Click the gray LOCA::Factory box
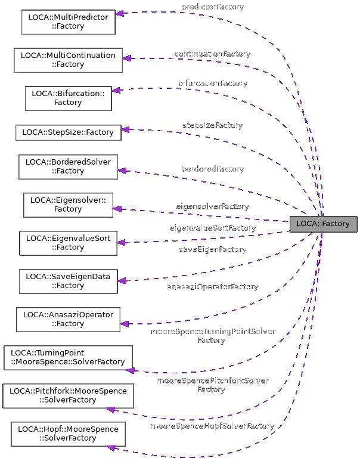(323, 224)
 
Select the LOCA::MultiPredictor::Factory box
(68, 22)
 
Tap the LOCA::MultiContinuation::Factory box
(68, 60)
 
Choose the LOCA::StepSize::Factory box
(68, 132)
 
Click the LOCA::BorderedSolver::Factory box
(68, 166)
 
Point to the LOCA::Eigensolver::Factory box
(68, 205)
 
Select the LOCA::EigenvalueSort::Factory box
(68, 243)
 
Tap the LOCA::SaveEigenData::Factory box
(68, 281)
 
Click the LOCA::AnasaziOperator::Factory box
(68, 319)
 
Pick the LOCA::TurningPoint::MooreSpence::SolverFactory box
(68, 357)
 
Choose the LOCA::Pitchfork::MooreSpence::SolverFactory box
(68, 395)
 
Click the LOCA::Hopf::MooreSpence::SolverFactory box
(68, 434)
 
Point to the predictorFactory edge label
(212, 7)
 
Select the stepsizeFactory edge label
(212, 126)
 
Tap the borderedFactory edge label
(212, 169)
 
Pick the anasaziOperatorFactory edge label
(212, 287)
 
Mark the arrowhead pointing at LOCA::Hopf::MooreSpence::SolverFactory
(111, 447)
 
